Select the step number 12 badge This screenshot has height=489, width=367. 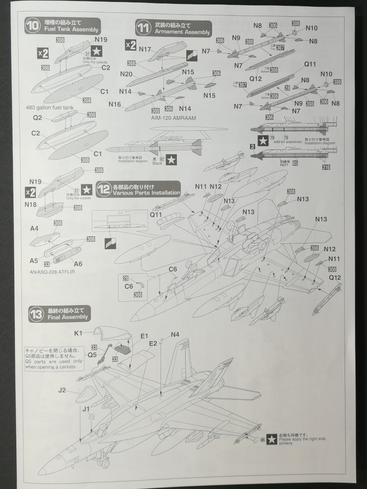pos(103,190)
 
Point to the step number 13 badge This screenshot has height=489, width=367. pos(36,313)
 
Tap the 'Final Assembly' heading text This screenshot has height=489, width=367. pos(67,317)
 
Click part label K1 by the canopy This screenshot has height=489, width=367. pos(79,333)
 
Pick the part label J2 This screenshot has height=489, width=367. pos(62,390)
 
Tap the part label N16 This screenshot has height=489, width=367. pos(115,104)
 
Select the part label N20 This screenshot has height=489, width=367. pos(126,74)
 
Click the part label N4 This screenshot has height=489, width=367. pos(175,334)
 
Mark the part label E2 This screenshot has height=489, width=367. pos(153,343)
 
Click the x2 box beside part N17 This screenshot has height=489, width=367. pos(130,45)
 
